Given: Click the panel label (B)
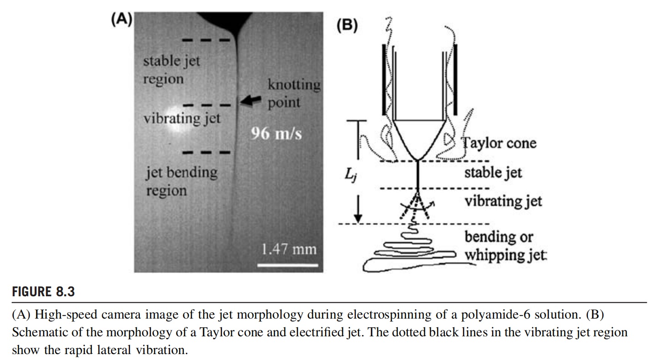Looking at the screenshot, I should [x=347, y=25].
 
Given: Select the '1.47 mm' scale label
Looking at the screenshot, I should [x=289, y=249].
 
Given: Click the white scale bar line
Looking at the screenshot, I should [x=287, y=264].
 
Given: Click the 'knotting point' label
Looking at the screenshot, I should [x=293, y=93].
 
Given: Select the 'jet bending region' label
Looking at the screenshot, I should [x=181, y=181].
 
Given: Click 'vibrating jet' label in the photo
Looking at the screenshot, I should [x=182, y=119].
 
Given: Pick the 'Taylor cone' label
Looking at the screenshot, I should [x=499, y=143].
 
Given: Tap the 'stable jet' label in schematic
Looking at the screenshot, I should [x=493, y=172].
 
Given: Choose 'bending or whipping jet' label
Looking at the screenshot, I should [x=505, y=246].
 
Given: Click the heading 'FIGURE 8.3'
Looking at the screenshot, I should [x=43, y=292].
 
